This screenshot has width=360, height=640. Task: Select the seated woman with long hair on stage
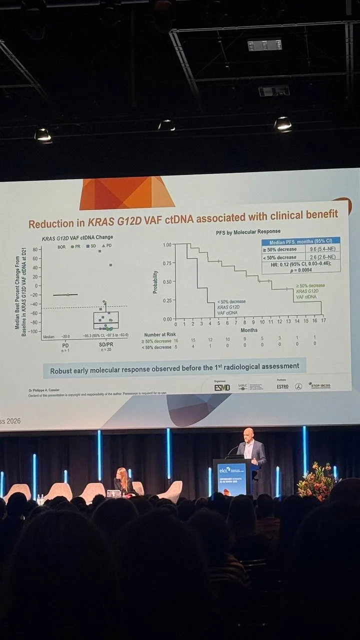pos(122,480)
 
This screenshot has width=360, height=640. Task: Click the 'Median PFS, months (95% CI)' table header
pos(301,241)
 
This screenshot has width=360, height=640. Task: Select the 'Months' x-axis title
pos(249,330)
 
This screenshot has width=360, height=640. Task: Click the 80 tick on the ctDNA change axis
pos(35,249)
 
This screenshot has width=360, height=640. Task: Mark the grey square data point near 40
pos(110,265)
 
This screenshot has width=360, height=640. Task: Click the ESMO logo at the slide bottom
pos(222,387)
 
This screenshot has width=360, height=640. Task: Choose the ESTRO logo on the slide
pos(282,386)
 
